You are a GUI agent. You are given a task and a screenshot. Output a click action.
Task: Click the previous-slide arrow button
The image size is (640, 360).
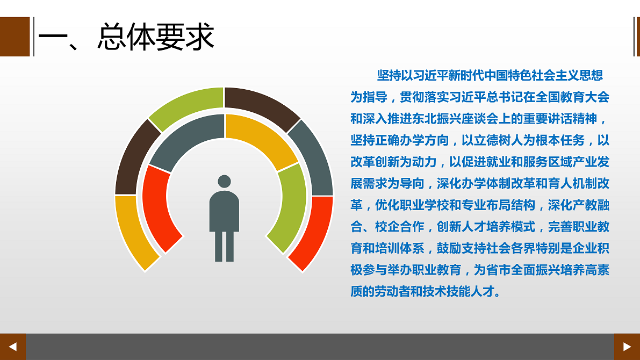(13, 347)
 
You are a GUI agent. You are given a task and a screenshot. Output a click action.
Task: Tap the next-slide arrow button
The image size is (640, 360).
(627, 347)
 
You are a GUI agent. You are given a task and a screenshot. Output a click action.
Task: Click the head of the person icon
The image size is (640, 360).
(225, 181)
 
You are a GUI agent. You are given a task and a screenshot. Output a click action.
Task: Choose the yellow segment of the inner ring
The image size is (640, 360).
(259, 138)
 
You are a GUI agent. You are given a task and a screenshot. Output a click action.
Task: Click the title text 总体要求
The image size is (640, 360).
(156, 37)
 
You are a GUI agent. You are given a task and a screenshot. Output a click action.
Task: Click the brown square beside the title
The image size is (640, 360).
(15, 37)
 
